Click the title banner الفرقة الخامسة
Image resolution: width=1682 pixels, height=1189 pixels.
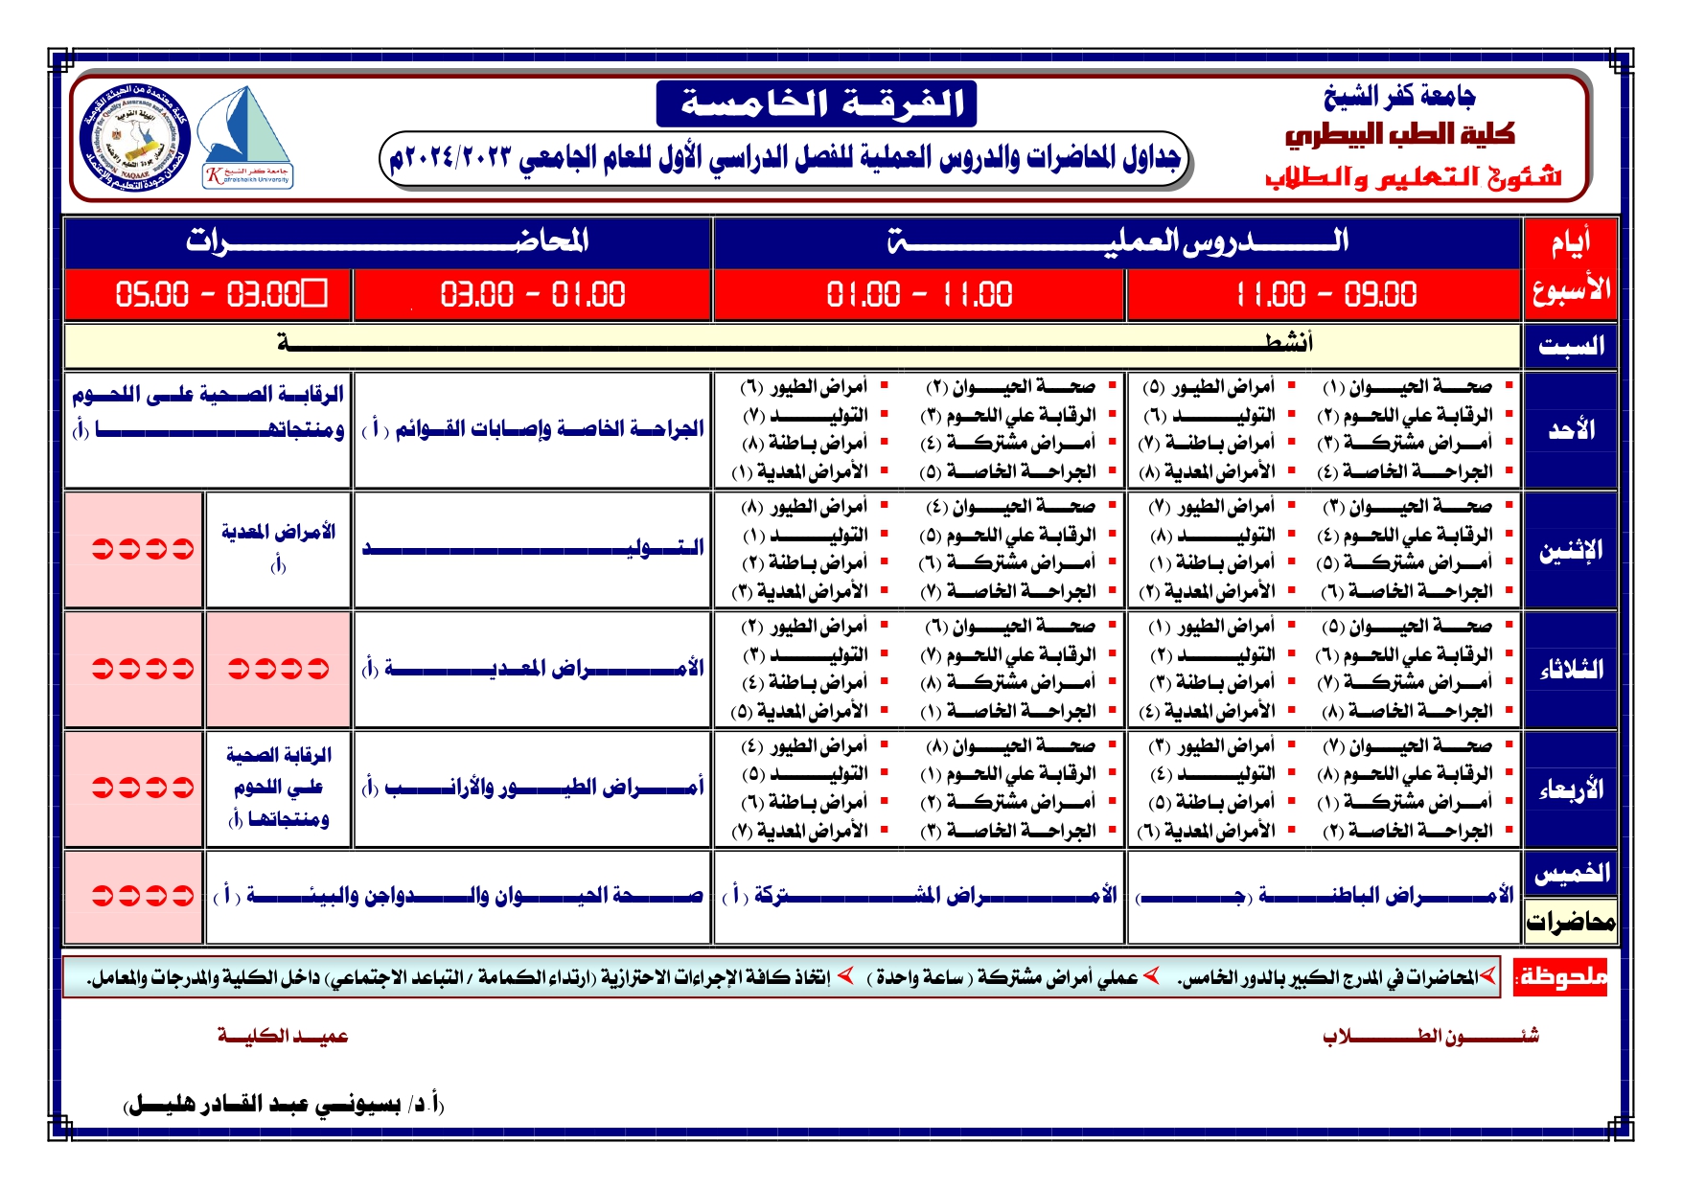[x=816, y=103]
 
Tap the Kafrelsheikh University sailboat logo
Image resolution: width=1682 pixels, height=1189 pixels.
[x=247, y=137]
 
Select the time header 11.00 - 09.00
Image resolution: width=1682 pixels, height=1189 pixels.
[x=1325, y=294]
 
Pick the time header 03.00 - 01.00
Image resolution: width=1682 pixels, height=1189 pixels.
[x=533, y=294]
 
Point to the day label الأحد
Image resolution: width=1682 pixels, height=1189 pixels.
[x=1571, y=430]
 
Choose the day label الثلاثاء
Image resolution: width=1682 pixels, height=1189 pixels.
[x=1571, y=670]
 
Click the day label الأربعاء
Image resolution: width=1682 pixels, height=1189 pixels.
[x=1571, y=789]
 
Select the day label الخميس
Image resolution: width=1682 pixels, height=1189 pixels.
[x=1571, y=873]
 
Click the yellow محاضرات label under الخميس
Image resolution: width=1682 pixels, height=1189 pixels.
[x=1571, y=922]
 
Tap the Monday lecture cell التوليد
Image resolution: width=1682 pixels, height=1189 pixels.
[x=533, y=548]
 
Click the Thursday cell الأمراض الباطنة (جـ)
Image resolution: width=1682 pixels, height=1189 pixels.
[x=1325, y=896]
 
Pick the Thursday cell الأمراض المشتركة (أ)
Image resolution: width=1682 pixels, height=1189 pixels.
[x=920, y=896]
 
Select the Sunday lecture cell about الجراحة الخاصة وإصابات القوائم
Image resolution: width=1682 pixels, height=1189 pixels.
[x=533, y=429]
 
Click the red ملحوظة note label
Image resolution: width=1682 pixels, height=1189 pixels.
[x=1560, y=977]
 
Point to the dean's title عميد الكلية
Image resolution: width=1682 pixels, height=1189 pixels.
[x=283, y=1036]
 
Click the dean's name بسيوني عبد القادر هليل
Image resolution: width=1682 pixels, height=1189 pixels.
[x=285, y=1105]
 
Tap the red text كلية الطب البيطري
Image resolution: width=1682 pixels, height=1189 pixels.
[x=1399, y=135]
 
